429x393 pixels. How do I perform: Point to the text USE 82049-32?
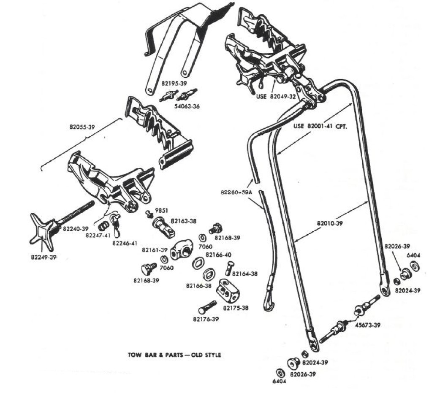(x=276, y=97)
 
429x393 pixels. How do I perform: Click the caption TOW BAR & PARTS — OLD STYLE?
(x=174, y=355)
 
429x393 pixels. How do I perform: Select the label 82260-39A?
(x=236, y=192)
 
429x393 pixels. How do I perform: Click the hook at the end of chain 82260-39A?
(x=268, y=300)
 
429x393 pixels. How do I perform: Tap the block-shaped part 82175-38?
(x=229, y=290)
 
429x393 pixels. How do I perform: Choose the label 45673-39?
(x=367, y=325)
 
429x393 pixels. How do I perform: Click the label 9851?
(x=161, y=211)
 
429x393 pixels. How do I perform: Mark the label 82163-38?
(x=183, y=221)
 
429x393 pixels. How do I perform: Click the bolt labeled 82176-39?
(x=207, y=308)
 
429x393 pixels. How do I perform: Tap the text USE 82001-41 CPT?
(x=320, y=126)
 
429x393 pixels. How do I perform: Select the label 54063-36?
(x=187, y=106)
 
